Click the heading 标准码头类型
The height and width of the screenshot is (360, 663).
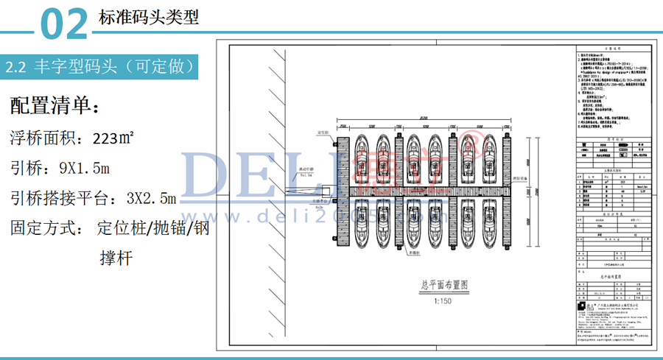[x=148, y=17]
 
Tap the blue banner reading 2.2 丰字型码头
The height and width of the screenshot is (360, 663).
[x=103, y=67]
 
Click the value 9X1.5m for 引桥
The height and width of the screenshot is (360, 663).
[x=85, y=168]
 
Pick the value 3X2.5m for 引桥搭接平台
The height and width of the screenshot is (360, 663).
[x=151, y=198]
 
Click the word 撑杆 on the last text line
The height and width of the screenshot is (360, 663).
[x=116, y=258]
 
